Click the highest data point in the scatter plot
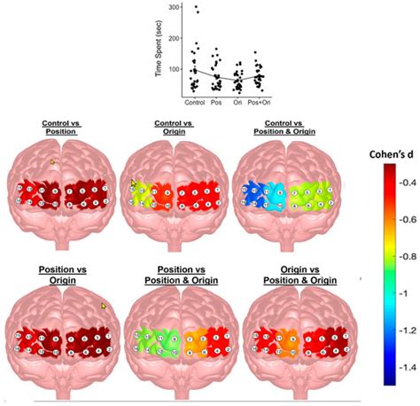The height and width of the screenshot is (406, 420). click(x=195, y=8)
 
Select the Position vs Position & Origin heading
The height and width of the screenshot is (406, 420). click(x=174, y=274)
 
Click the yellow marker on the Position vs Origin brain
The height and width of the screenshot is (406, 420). click(x=104, y=306)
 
